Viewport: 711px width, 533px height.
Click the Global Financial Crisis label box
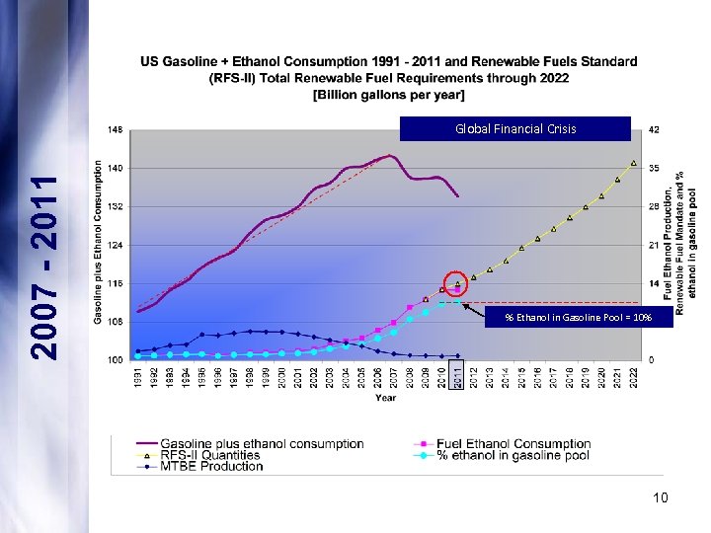pos(514,129)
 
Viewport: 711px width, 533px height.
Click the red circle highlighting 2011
pos(456,284)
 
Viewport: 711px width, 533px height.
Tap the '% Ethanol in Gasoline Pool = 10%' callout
pos(578,317)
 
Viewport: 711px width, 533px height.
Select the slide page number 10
pos(660,497)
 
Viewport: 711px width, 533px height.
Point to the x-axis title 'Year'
pos(386,398)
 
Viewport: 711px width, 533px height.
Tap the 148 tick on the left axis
pos(116,129)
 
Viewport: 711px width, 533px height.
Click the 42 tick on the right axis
pos(653,129)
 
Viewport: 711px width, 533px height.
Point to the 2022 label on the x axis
pos(633,376)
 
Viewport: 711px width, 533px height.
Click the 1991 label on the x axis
pos(138,376)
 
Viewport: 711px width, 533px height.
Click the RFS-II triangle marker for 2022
pos(633,163)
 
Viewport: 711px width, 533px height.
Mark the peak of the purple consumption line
pos(390,155)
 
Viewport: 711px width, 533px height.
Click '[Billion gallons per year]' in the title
pos(388,95)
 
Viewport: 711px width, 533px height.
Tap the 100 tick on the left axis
pos(116,359)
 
